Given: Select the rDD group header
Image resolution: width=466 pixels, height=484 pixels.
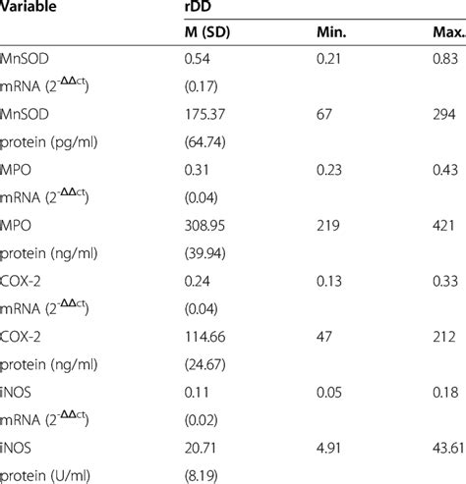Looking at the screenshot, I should pos(200,8).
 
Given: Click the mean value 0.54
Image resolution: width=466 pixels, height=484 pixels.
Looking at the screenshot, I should pos(201,67).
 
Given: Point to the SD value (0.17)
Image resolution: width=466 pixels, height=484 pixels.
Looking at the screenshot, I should pos(204,93).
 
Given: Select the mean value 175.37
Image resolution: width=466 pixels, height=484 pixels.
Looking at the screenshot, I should pos(207,121).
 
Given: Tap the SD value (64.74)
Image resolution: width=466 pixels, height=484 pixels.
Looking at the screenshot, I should pos(207,147).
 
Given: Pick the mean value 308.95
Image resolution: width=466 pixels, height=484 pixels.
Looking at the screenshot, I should pos(207,229).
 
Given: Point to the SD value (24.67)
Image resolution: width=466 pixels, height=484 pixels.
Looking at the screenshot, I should pos(207,364).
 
